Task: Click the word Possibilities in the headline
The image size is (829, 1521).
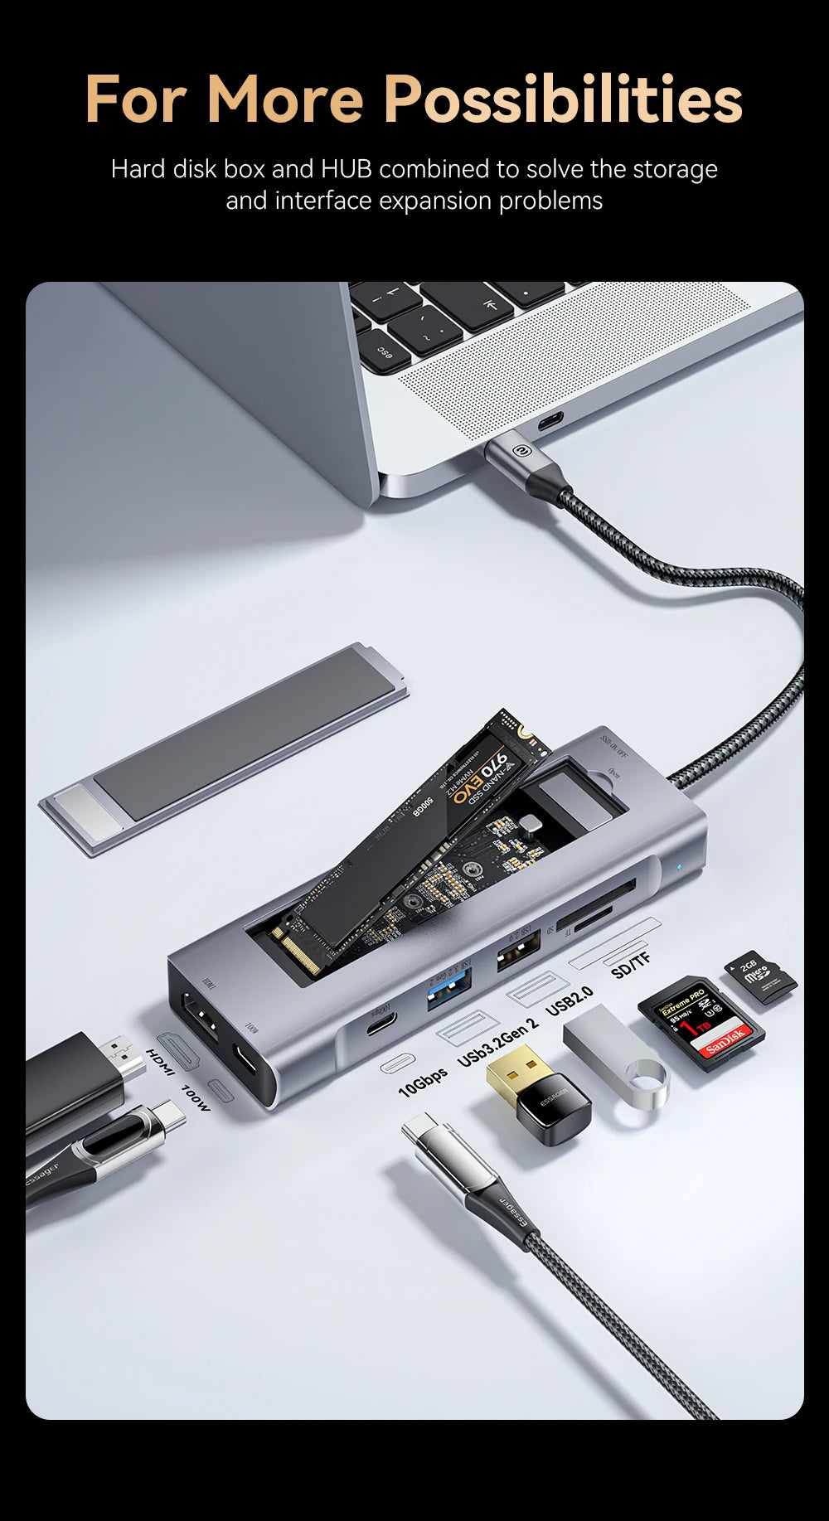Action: click(563, 99)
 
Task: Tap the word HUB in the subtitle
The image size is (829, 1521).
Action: click(346, 169)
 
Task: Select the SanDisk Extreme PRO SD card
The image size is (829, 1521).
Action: click(701, 1022)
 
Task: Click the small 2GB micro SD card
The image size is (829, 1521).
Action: click(760, 976)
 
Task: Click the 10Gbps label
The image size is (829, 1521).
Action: click(423, 1083)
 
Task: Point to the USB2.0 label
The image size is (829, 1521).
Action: click(570, 1000)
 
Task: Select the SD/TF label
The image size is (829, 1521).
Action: click(631, 965)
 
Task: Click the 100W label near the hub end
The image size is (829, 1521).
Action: click(196, 1098)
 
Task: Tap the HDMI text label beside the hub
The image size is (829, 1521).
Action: click(160, 1063)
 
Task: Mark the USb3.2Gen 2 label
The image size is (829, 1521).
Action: click(497, 1041)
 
